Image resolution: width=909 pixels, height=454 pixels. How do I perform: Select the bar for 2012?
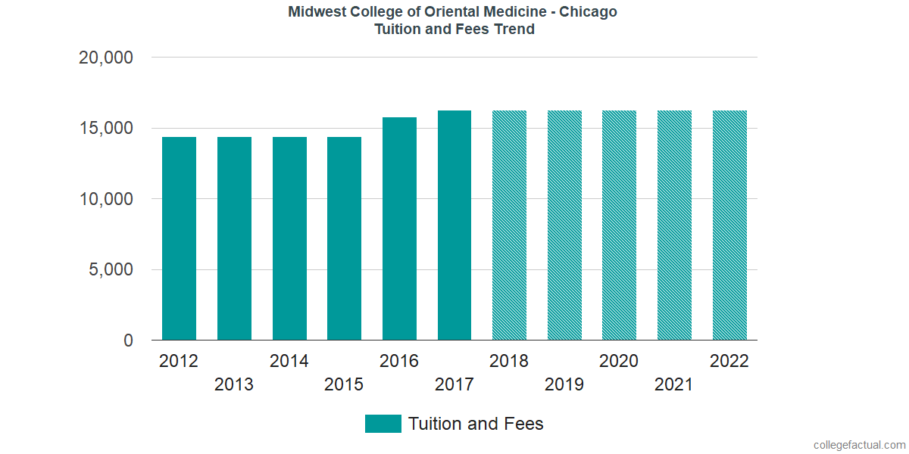(x=180, y=238)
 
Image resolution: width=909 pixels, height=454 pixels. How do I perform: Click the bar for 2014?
(x=289, y=238)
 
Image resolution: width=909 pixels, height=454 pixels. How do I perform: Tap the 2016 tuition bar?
(x=399, y=229)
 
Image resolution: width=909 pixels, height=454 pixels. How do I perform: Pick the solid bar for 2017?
(x=454, y=225)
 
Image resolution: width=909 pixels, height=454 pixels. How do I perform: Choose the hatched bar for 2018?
(x=509, y=225)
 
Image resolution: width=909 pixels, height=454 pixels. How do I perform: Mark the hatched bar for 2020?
(x=620, y=225)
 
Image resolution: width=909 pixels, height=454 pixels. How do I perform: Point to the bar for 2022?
(x=729, y=225)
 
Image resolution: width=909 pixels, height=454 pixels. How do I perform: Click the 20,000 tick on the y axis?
(x=106, y=58)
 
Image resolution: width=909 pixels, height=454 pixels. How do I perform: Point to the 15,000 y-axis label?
(x=106, y=129)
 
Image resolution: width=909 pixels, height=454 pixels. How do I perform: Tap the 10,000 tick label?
(x=106, y=200)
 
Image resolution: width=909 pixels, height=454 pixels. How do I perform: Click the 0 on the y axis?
(x=129, y=341)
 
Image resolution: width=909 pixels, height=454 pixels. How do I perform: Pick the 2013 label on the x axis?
(x=234, y=385)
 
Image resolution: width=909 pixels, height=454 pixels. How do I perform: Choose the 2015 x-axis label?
(x=344, y=385)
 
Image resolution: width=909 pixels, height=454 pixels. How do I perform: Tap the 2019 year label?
(x=564, y=385)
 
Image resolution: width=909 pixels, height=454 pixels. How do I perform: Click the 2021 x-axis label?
(x=674, y=385)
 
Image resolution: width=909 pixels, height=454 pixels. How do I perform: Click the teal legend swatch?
(x=383, y=424)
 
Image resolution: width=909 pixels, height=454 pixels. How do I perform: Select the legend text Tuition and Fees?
(x=476, y=424)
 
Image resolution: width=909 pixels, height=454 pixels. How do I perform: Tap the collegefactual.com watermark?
(x=858, y=445)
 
